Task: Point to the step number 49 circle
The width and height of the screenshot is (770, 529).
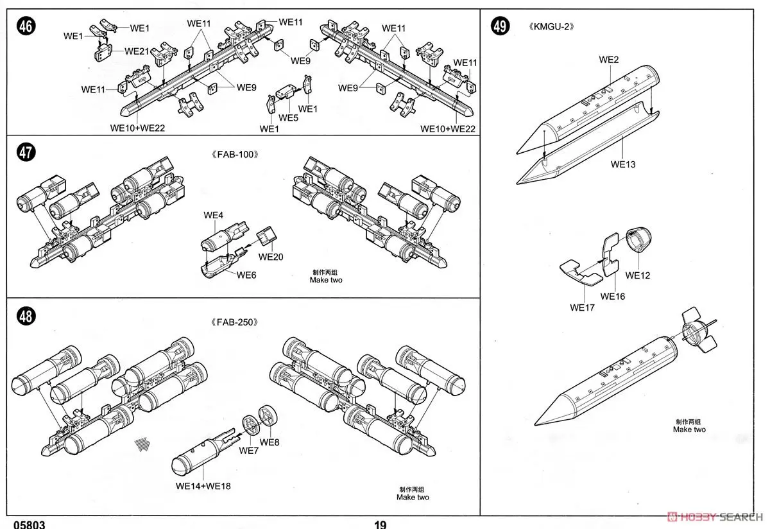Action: pos(500,26)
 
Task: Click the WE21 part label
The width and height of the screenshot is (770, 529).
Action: pos(137,51)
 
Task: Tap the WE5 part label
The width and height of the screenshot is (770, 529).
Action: pos(288,118)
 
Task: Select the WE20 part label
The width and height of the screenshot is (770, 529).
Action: pos(271,257)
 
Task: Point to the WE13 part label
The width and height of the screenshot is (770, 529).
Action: pos(622,164)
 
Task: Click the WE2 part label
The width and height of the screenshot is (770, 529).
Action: pos(609,60)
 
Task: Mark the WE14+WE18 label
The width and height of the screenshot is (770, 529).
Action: pos(203,486)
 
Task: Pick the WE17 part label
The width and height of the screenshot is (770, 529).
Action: pos(582,308)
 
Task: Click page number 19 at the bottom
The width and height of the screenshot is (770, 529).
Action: pos(381,525)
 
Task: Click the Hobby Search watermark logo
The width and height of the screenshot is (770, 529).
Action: pos(715,516)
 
